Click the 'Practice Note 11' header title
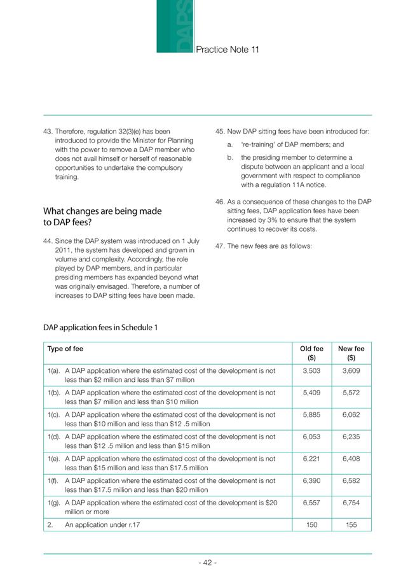pyautogui.click(x=227, y=50)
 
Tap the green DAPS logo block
pyautogui.click(x=175, y=27)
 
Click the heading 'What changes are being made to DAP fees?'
pyautogui.click(x=102, y=216)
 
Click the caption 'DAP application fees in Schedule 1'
pyautogui.click(x=100, y=328)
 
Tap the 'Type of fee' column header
pyautogui.click(x=65, y=349)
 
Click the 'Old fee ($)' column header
pyautogui.click(x=311, y=353)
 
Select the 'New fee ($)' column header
pyautogui.click(x=351, y=353)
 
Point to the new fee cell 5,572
pyautogui.click(x=351, y=393)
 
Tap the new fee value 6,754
pyautogui.click(x=351, y=502)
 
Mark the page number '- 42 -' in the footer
pyautogui.click(x=208, y=563)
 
